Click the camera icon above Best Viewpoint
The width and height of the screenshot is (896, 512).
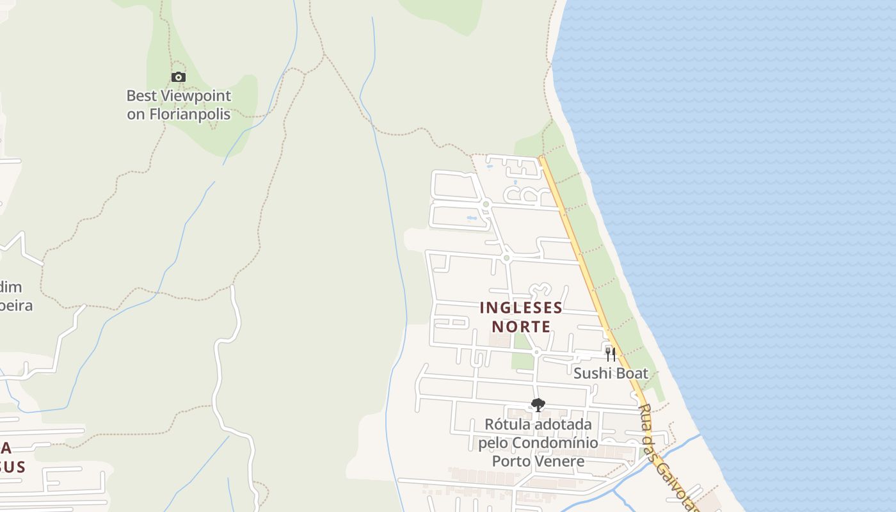click(179, 77)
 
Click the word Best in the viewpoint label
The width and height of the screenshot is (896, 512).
click(141, 96)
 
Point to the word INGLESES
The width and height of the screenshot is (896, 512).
click(521, 308)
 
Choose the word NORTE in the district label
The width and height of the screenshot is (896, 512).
click(521, 327)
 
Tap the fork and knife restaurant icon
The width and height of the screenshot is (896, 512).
click(611, 354)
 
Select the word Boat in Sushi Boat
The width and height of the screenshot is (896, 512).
click(631, 373)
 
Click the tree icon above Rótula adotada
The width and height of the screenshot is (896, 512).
click(538, 404)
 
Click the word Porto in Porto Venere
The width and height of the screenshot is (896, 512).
click(511, 461)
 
